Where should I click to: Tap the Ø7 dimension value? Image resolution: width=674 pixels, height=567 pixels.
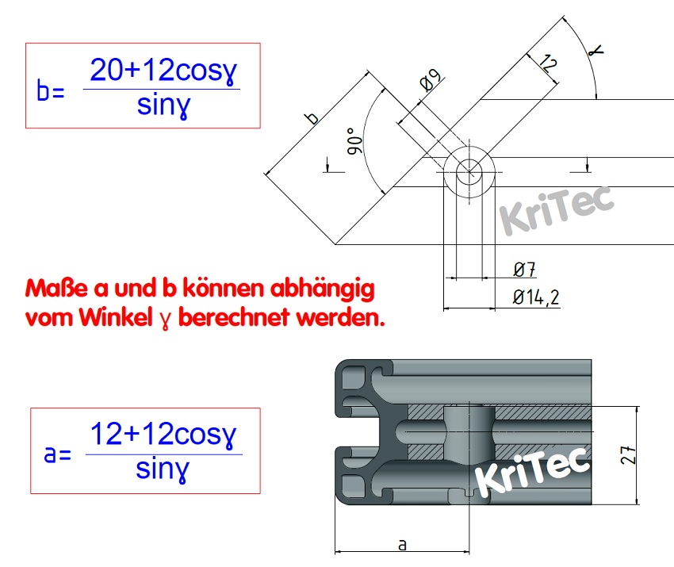523,271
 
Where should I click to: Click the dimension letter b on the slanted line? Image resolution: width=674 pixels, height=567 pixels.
312,118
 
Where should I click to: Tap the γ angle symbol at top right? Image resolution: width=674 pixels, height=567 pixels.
595,50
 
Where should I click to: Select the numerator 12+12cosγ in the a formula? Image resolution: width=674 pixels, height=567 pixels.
163,435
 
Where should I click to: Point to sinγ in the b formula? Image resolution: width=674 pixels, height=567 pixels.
163,105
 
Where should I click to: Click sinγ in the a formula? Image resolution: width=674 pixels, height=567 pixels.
163,469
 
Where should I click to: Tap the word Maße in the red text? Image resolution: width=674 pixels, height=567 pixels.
52,287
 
